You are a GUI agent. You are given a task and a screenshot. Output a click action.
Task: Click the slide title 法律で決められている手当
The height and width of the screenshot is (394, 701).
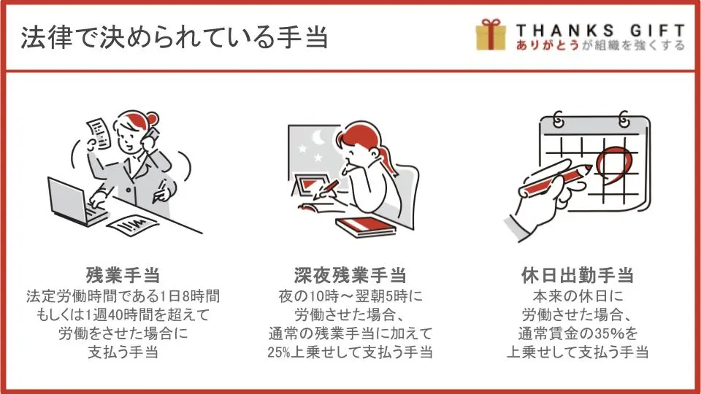(x=175, y=36)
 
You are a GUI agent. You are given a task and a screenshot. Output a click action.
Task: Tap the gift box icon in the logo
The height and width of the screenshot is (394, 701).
(x=491, y=34)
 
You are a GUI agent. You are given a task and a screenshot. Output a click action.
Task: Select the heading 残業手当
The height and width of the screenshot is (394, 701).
(x=123, y=275)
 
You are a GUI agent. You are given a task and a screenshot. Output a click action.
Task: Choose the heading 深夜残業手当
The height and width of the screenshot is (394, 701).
(x=350, y=275)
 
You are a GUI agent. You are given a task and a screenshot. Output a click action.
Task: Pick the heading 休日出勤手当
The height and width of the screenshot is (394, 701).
(x=578, y=275)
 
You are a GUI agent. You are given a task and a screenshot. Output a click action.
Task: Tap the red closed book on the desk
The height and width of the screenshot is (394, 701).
(x=366, y=227)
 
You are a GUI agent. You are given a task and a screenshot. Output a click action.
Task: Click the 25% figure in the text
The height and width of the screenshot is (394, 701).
(x=279, y=352)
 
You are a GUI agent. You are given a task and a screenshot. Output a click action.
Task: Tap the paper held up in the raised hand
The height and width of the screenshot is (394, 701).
(x=99, y=133)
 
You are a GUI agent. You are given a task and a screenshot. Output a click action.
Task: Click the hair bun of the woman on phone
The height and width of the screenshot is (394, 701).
(x=152, y=119)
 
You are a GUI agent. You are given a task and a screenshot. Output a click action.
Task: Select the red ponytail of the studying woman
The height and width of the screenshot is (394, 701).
(x=387, y=158)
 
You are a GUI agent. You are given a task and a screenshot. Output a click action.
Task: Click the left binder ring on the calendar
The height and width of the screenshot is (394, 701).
(x=558, y=119)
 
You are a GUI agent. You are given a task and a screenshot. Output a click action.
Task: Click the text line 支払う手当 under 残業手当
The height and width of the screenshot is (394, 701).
(x=123, y=352)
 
